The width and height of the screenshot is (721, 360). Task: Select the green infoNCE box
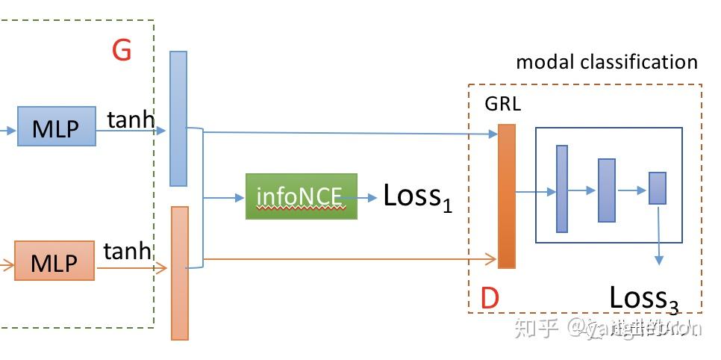[x=302, y=196]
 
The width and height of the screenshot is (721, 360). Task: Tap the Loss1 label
[x=417, y=196]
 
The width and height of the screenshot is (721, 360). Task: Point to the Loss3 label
[x=643, y=298]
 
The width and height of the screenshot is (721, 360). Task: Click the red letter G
[x=121, y=51]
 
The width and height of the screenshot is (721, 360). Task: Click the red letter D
[x=489, y=299]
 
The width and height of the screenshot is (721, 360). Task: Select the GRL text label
[x=502, y=104]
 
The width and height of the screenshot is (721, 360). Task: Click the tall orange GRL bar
[x=507, y=196]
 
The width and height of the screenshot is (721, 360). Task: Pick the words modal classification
[x=607, y=62]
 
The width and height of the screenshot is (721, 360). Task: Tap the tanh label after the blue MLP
[x=131, y=119]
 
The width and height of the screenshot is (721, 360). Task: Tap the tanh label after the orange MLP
[x=128, y=252]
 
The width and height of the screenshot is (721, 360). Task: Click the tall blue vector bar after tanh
[x=178, y=118]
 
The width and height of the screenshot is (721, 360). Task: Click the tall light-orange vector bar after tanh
[x=180, y=273]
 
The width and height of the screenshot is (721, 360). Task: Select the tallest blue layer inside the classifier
[x=562, y=188]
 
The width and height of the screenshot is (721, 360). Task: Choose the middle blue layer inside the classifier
[x=606, y=190]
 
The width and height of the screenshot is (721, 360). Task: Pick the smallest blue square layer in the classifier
[x=657, y=188]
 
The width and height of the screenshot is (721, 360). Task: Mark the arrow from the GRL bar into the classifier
[x=536, y=193]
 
